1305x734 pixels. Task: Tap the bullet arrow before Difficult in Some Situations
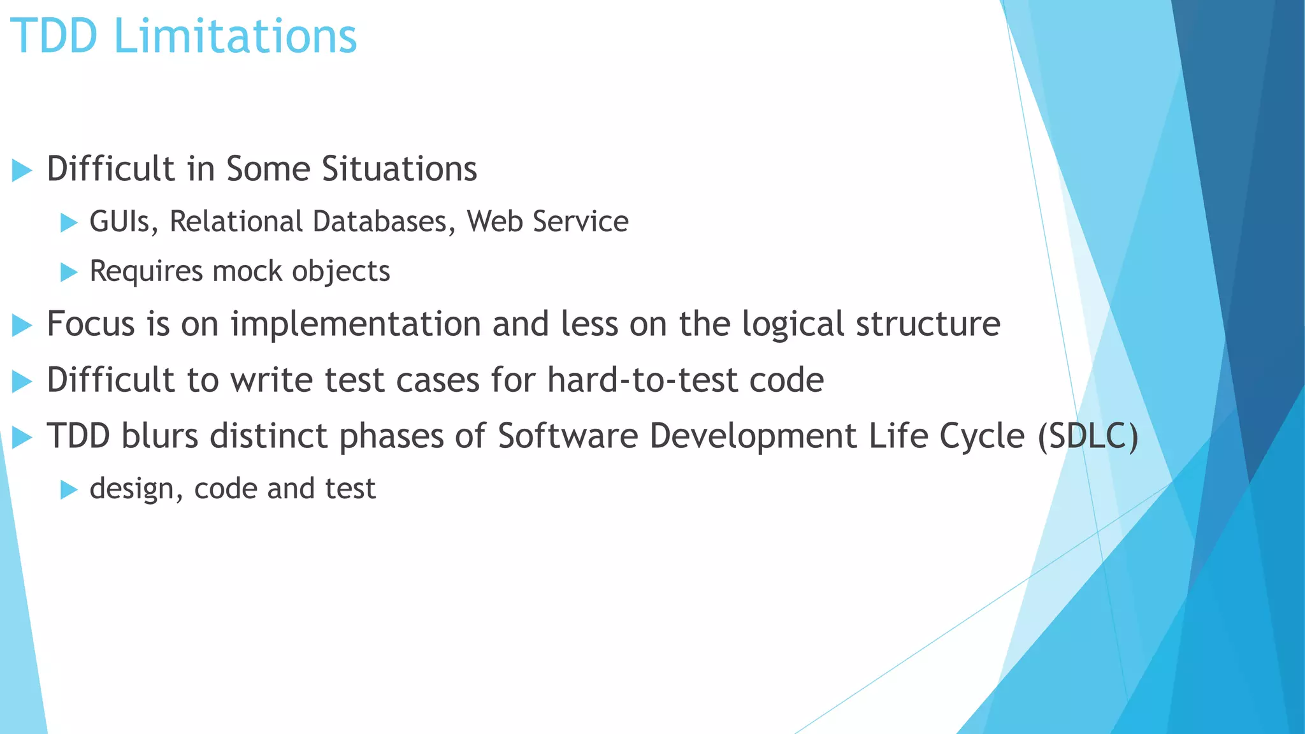point(22,170)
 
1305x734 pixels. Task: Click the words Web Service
point(547,222)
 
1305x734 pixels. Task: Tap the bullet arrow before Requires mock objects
point(68,272)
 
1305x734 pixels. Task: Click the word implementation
point(356,324)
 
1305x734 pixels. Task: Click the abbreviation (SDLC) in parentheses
point(1087,437)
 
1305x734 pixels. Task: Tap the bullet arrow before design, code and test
point(68,489)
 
